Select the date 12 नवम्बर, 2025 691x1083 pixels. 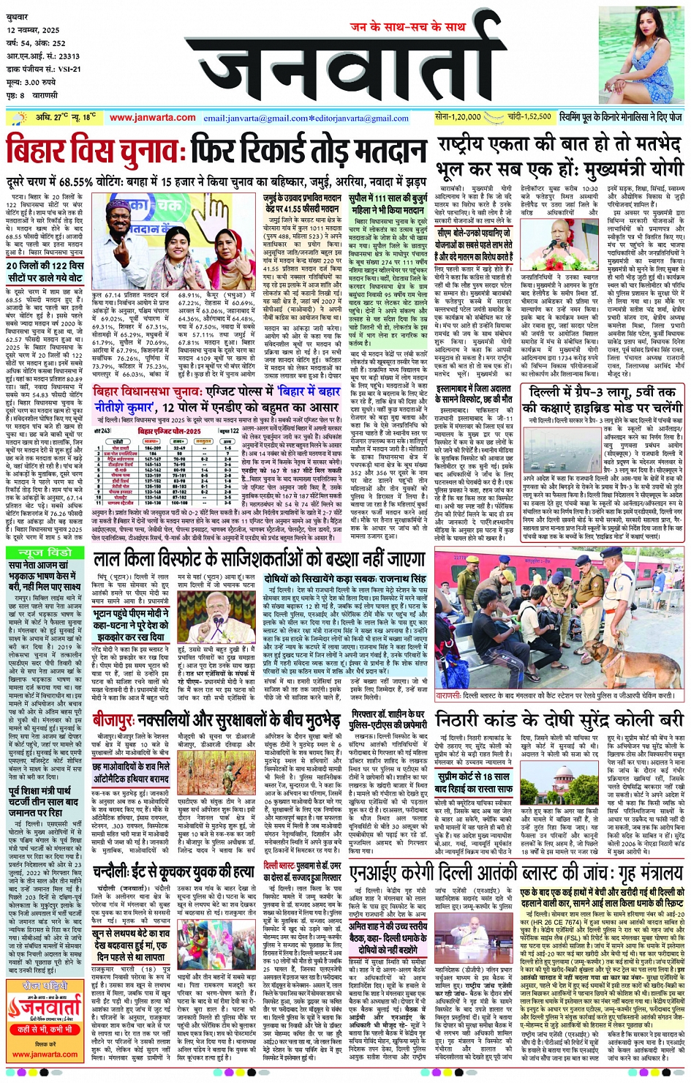[x=34, y=31]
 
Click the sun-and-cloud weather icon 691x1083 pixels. [x=15, y=118]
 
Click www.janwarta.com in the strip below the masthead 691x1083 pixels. [x=152, y=118]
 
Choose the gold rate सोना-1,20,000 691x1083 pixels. [x=458, y=117]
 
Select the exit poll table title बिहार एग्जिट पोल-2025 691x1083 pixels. [x=169, y=431]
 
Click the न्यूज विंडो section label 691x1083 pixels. [x=46, y=552]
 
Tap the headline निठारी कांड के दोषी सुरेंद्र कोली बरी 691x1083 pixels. [x=560, y=719]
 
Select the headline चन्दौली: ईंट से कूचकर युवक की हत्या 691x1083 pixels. [x=173, y=872]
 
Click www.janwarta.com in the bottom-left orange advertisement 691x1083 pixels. [x=45, y=1054]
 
